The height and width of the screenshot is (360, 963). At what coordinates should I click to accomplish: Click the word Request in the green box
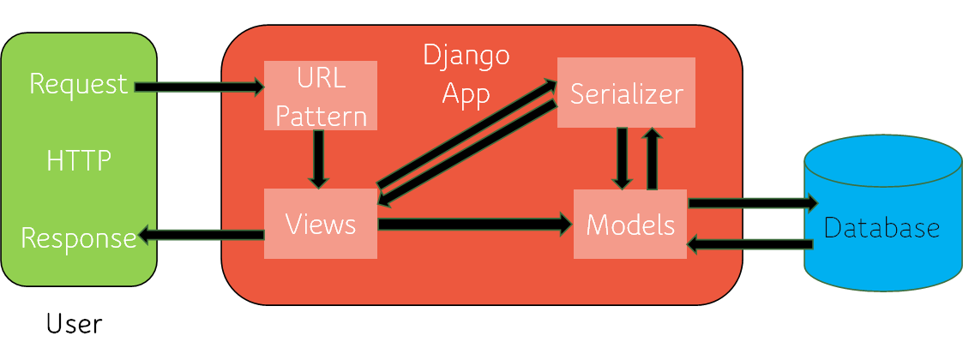78,84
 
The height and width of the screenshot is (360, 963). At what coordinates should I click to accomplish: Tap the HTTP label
79,160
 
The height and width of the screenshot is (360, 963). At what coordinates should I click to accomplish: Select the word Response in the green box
78,237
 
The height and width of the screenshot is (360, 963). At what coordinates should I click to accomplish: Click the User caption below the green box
74,324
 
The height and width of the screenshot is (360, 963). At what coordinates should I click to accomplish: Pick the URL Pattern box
321,95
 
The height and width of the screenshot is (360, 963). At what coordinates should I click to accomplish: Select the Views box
320,224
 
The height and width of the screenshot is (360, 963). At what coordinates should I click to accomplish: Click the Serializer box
626,93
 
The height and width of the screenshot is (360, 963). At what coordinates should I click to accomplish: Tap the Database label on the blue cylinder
882,228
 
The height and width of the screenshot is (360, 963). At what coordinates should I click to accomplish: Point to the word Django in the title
466,57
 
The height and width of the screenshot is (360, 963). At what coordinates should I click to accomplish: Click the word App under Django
466,93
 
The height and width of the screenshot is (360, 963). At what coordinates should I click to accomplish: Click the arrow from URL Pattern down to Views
319,159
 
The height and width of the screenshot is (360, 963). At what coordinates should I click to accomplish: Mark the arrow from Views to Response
201,235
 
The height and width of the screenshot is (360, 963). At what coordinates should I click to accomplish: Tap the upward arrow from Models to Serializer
652,159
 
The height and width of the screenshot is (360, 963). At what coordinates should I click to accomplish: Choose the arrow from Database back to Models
749,245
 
